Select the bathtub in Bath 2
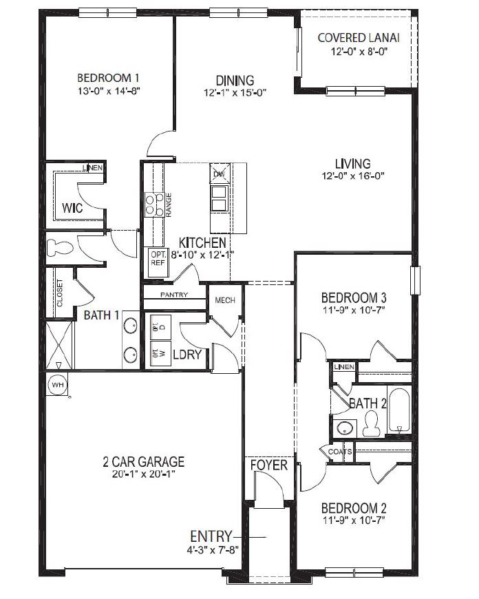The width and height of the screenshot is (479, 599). coord(399,410)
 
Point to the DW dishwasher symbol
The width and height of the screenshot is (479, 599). coord(220,174)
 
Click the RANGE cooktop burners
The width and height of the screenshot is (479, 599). coord(154,204)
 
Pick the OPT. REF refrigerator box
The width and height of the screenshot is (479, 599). coord(158,259)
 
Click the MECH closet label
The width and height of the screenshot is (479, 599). coord(225,300)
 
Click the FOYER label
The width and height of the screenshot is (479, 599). coord(268,465)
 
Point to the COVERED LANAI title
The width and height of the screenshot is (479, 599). coord(359,36)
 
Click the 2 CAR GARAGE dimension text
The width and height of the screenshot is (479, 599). coord(138,474)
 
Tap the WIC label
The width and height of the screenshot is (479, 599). coord(72,207)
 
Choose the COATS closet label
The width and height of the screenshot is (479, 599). coord(340,452)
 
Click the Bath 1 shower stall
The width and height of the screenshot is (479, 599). coord(58,346)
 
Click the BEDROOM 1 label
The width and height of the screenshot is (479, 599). coord(110,77)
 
